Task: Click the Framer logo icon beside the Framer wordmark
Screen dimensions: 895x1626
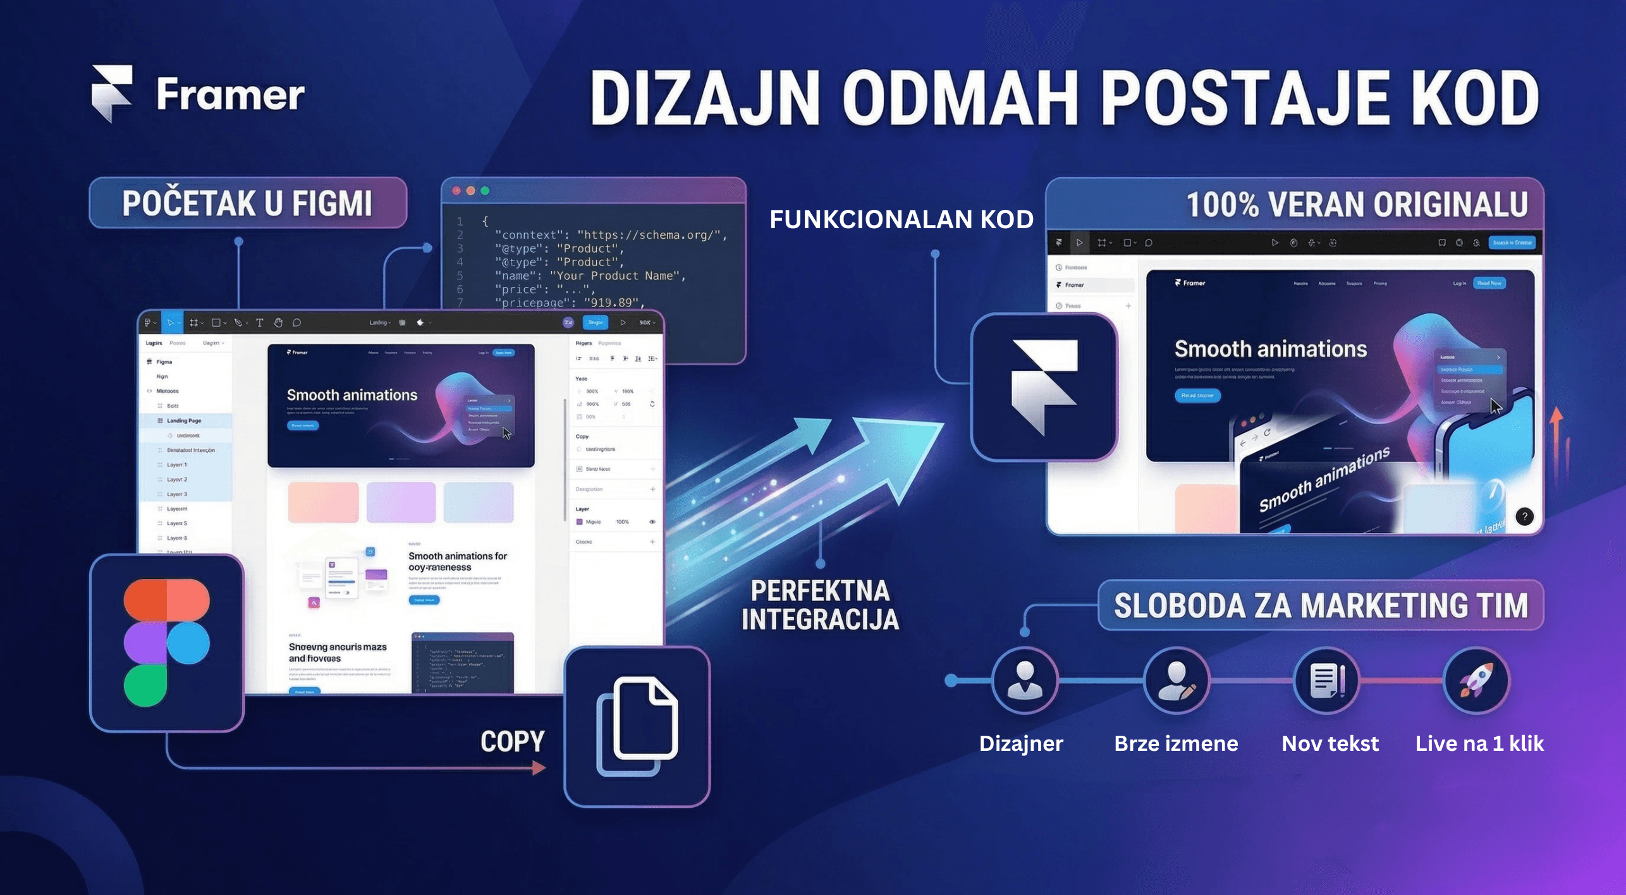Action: pos(113,93)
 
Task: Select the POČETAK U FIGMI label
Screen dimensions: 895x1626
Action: pos(247,204)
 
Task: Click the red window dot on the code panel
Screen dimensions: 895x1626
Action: pos(456,191)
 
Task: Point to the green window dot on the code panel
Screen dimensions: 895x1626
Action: pos(485,191)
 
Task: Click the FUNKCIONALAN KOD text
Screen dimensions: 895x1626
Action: pos(901,219)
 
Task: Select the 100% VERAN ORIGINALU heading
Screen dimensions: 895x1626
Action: pos(1357,204)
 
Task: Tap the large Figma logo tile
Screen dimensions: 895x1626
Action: pos(167,642)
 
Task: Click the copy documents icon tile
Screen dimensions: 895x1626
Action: pos(637,726)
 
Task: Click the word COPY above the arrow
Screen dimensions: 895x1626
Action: pos(512,741)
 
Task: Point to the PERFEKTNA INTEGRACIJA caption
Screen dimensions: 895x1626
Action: pos(820,605)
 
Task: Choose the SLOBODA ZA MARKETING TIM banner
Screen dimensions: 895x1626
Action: pos(1321,605)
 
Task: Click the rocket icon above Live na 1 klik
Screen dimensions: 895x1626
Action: pos(1476,681)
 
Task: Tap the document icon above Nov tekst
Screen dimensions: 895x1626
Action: pos(1326,681)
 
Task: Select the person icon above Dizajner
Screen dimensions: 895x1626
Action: pos(1024,681)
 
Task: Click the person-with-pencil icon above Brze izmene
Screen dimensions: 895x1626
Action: pos(1176,681)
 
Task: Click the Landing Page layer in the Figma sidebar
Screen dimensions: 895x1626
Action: pos(184,421)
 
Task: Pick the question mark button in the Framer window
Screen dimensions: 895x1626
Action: pos(1524,517)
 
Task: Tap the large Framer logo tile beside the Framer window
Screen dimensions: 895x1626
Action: pos(1044,387)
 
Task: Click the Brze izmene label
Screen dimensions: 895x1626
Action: pos(1176,743)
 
